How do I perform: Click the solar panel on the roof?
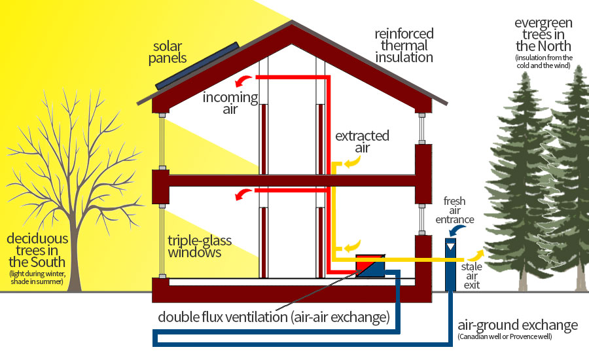coord(197,65)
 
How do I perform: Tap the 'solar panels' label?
coord(168,52)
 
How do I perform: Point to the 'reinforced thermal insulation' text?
coord(404,45)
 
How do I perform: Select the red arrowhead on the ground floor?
coord(243,194)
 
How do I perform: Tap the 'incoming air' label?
coord(230,103)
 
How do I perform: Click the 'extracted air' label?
coord(362,141)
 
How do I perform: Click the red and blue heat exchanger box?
coord(370,266)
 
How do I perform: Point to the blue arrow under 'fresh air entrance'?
coord(457,229)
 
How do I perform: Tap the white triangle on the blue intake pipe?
coord(450,247)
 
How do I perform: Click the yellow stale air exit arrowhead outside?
coord(475,255)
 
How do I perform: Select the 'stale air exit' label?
coord(471,276)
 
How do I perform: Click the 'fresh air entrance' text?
coord(455,210)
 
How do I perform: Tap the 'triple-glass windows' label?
coord(200,247)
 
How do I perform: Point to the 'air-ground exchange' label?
coord(518,325)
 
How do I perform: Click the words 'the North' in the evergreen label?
coord(543,46)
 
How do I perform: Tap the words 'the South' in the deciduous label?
coord(37,262)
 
